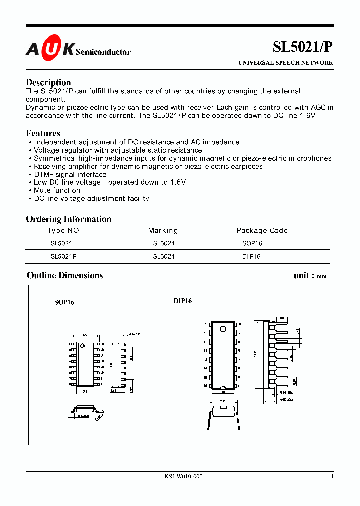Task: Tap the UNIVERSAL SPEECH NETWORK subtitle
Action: point(285,63)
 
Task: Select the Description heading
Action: point(48,82)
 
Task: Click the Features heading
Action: point(43,133)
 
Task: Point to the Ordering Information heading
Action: point(68,219)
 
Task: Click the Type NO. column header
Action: point(64,230)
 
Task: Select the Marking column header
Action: point(163,230)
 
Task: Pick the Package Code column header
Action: point(262,230)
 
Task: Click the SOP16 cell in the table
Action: point(252,243)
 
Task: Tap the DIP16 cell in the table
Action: point(251,257)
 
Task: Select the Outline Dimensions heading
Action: point(65,275)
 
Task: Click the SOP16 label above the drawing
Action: point(64,302)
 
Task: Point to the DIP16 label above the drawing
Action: point(183,301)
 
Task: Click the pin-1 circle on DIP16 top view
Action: point(223,329)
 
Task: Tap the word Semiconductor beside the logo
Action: point(103,52)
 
